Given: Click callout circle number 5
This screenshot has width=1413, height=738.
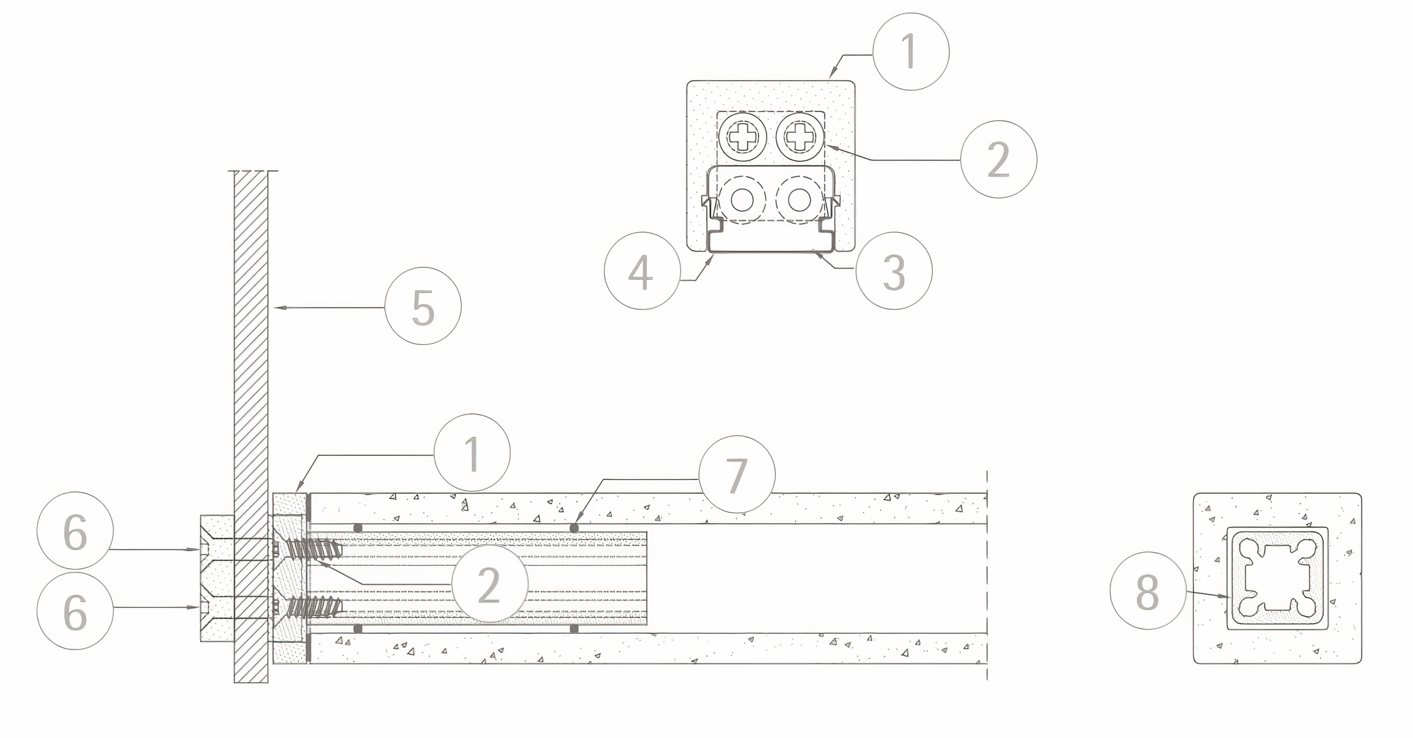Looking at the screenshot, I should [x=423, y=306].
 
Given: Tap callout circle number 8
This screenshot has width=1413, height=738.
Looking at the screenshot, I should [x=1148, y=591].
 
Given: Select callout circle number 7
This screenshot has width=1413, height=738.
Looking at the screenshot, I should [x=736, y=474].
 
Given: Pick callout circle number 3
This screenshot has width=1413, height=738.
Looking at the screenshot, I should [x=894, y=271].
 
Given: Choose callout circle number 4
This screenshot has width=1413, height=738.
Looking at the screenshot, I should [x=642, y=271].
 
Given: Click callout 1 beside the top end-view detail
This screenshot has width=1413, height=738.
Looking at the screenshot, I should [x=910, y=52].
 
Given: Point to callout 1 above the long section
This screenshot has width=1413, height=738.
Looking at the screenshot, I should [x=472, y=452].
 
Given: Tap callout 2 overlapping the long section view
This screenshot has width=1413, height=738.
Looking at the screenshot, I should [x=489, y=583].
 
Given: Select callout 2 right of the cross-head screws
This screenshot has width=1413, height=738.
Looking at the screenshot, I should [x=998, y=158].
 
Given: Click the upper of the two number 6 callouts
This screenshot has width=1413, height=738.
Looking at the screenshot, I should [x=75, y=531].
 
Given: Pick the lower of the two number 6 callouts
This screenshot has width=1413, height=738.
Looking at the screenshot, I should [x=75, y=611].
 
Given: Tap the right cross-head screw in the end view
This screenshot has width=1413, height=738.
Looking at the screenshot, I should [x=799, y=137].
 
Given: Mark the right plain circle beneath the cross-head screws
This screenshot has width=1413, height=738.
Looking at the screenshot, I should [x=799, y=199].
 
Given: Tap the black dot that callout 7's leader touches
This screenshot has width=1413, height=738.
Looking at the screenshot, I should [x=574, y=527].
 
